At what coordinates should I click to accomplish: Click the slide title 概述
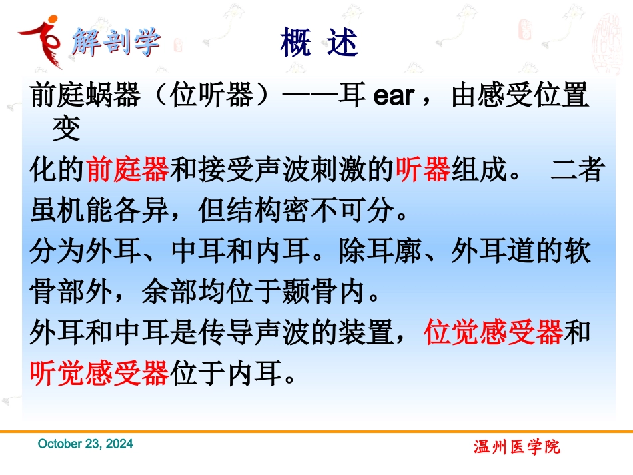click(319, 43)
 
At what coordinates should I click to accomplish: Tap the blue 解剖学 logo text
click(116, 41)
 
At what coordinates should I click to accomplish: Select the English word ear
click(394, 96)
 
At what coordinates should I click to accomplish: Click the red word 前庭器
click(128, 171)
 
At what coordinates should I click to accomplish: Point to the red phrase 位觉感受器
click(494, 333)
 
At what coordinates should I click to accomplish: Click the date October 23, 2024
click(85, 444)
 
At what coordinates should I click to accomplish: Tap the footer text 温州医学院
click(518, 447)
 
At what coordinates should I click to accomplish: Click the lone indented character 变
click(66, 129)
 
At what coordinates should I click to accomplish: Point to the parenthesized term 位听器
click(213, 96)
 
